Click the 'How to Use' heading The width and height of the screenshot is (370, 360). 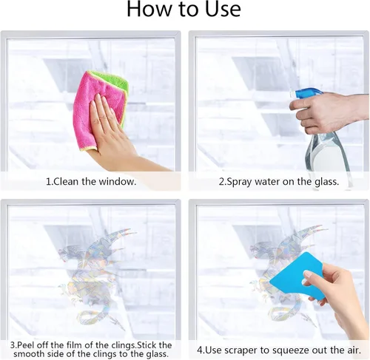tap(184, 10)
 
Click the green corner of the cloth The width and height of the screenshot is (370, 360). tap(116, 81)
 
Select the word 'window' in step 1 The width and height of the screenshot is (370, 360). tap(117, 182)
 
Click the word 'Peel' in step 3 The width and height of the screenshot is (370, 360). tap(24, 344)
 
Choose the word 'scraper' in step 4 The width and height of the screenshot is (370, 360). tap(242, 350)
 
